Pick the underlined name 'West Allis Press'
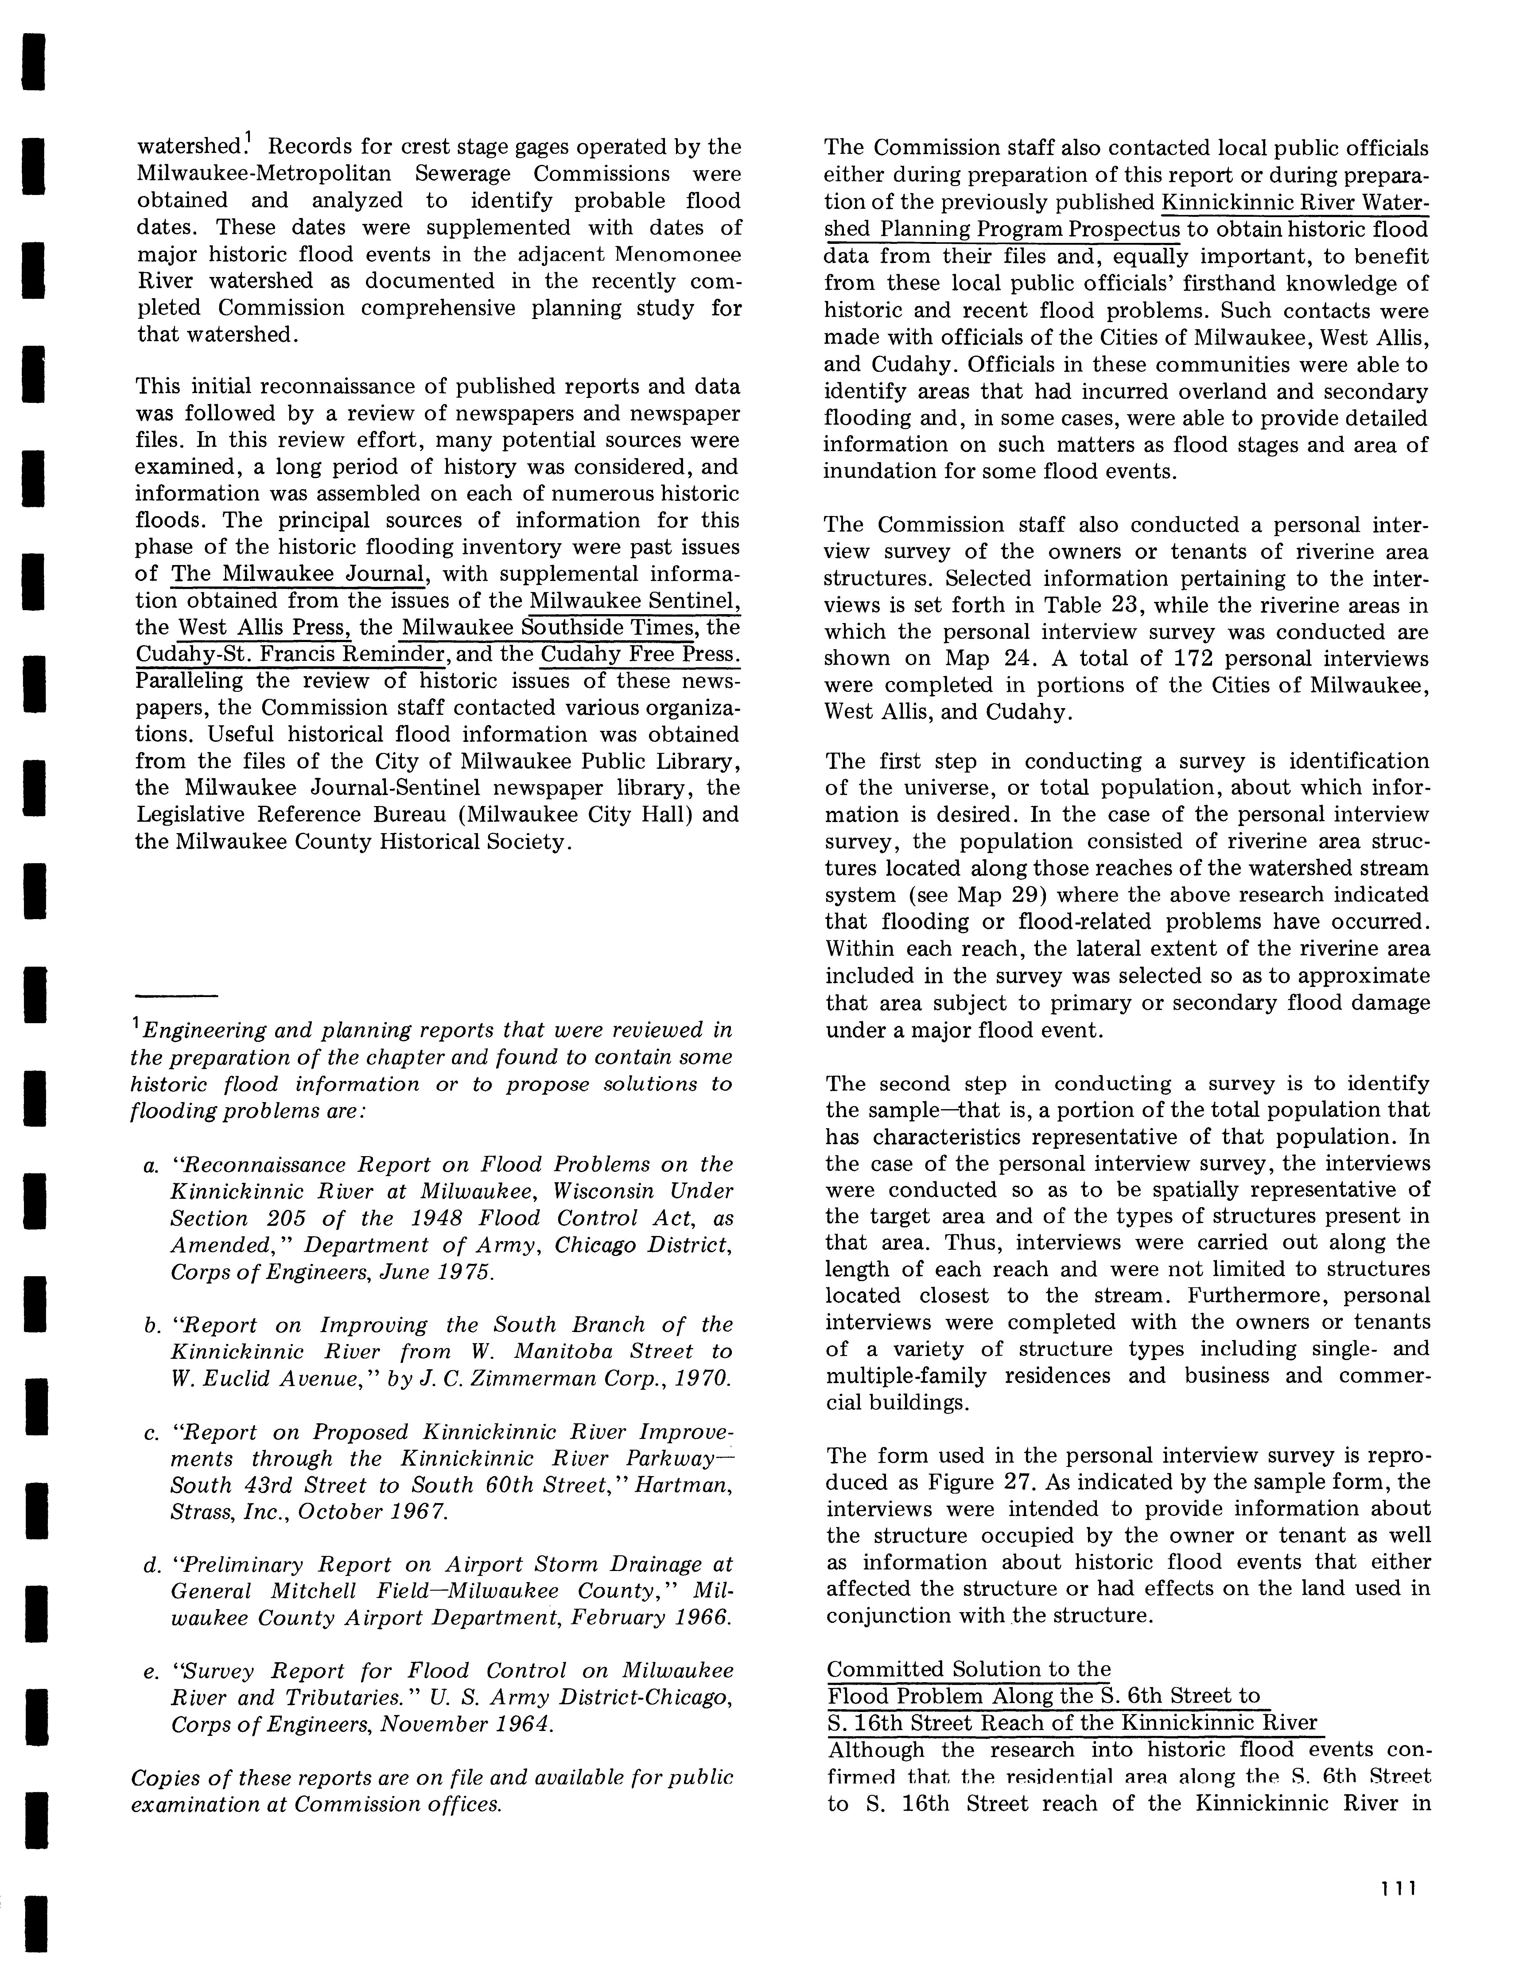click(265, 627)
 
